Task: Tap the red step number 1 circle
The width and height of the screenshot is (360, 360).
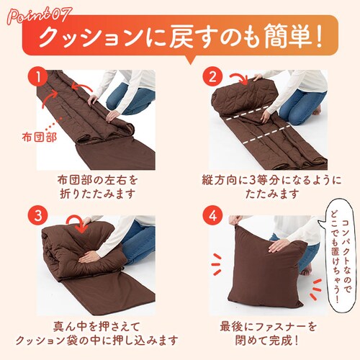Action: pos(38,77)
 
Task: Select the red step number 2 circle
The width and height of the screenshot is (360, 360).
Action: pos(212,77)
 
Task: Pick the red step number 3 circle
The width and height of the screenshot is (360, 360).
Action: pos(38,215)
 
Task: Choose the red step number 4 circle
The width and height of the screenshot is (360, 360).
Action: pos(212,215)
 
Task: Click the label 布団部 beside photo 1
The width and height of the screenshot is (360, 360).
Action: pos(40,138)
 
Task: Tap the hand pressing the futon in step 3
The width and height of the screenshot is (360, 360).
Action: pos(89,258)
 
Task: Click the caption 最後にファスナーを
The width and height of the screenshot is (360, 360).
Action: pos(269,327)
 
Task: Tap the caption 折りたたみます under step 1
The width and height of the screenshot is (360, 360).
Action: pos(97,194)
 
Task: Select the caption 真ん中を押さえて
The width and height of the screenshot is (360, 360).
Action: pos(96,327)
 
